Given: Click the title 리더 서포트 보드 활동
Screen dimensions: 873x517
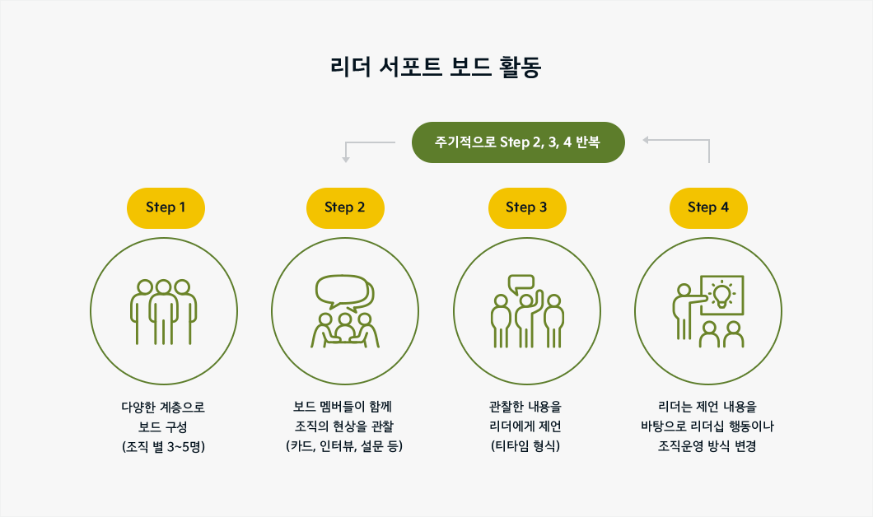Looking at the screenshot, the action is (436, 67).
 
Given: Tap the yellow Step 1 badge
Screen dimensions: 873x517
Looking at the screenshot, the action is (166, 207).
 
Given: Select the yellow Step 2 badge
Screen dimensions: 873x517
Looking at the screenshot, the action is (345, 207).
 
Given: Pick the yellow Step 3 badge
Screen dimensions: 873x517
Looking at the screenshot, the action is (527, 207).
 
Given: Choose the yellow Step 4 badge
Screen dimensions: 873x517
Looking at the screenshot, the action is (708, 207).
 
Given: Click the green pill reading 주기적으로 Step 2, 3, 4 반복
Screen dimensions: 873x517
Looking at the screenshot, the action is (518, 142).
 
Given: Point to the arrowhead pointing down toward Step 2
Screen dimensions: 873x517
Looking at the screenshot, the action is (346, 160).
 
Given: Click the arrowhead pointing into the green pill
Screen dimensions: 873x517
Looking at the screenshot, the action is (646, 140).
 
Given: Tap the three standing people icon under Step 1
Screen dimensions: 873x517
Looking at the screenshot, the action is (164, 312).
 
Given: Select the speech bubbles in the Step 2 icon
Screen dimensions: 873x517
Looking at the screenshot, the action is (345, 291).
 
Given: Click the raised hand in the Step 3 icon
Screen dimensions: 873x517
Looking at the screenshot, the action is (539, 298).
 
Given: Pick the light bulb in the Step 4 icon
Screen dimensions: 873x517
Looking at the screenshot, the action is (722, 295).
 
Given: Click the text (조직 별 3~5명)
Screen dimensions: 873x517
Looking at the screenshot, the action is (164, 446).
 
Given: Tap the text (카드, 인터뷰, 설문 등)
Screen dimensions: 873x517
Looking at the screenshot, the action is (344, 445).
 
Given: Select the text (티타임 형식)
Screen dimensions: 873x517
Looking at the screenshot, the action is (525, 445).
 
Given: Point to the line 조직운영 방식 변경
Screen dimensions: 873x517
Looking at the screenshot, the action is (707, 445).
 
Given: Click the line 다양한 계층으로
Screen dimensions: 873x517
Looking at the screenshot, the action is (163, 407).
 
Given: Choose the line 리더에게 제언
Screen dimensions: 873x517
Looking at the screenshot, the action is (525, 426).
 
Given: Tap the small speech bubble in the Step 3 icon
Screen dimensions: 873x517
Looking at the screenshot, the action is (521, 284).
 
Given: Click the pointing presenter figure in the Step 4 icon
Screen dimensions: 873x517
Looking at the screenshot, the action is (686, 312).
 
